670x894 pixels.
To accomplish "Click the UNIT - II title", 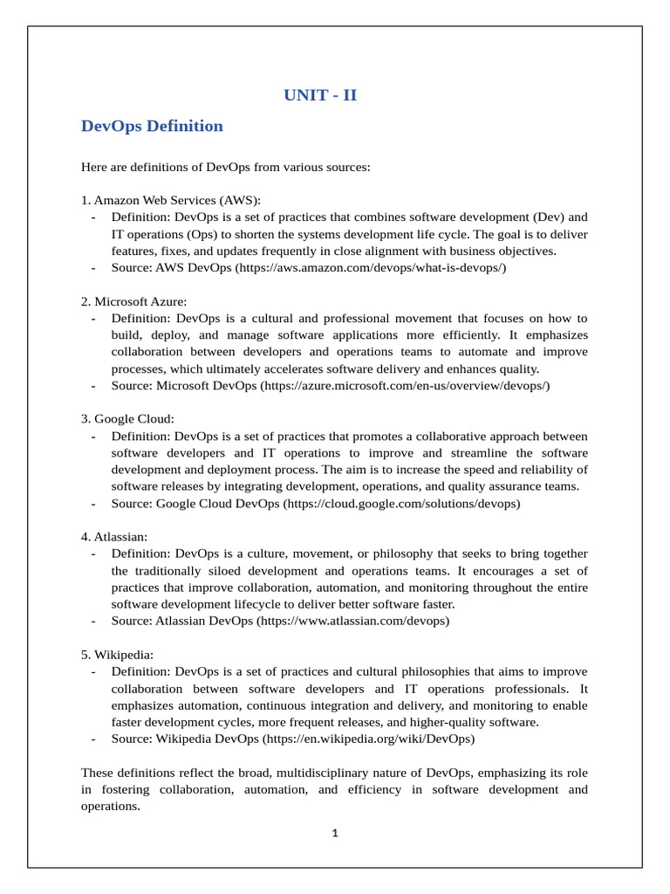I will [320, 95].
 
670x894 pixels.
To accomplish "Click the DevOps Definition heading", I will [152, 126].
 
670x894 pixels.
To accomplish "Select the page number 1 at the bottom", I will [334, 833].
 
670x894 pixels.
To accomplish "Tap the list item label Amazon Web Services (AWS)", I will [171, 200].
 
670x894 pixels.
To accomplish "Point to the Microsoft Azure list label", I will [133, 301].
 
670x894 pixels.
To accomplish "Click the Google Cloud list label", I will [127, 419].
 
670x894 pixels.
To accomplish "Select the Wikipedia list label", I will [121, 655].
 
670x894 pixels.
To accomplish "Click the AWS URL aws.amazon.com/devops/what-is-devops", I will [370, 268].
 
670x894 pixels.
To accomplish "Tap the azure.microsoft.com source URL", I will [405, 385].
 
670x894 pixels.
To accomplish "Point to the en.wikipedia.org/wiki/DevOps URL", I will [369, 739].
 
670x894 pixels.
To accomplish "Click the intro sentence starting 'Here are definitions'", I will [226, 167].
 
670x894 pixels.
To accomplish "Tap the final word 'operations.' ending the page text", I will [110, 807].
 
